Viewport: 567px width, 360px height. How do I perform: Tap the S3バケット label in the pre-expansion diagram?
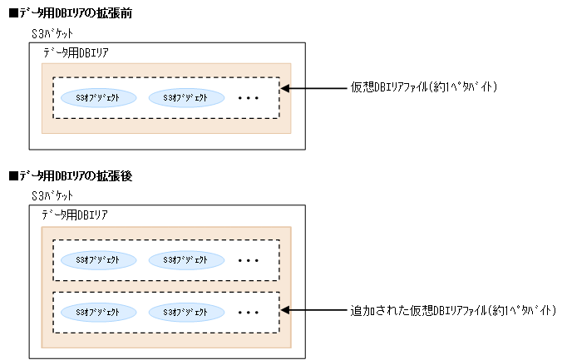(52, 34)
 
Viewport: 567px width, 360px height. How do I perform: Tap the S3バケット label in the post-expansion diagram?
(52, 195)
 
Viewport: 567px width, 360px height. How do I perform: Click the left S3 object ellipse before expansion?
(97, 97)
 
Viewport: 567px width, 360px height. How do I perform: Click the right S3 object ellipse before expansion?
(186, 97)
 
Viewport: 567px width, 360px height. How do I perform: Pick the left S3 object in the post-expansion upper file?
(97, 259)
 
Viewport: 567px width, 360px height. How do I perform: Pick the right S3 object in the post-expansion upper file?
(186, 259)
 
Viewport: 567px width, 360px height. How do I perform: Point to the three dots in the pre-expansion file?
(249, 98)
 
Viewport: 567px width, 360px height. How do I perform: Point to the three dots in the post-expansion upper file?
(249, 260)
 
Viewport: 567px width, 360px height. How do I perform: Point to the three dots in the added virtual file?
(249, 313)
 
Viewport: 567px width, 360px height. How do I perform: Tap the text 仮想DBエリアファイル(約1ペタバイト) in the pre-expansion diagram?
(424, 86)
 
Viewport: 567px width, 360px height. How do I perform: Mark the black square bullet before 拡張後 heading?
(12, 176)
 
